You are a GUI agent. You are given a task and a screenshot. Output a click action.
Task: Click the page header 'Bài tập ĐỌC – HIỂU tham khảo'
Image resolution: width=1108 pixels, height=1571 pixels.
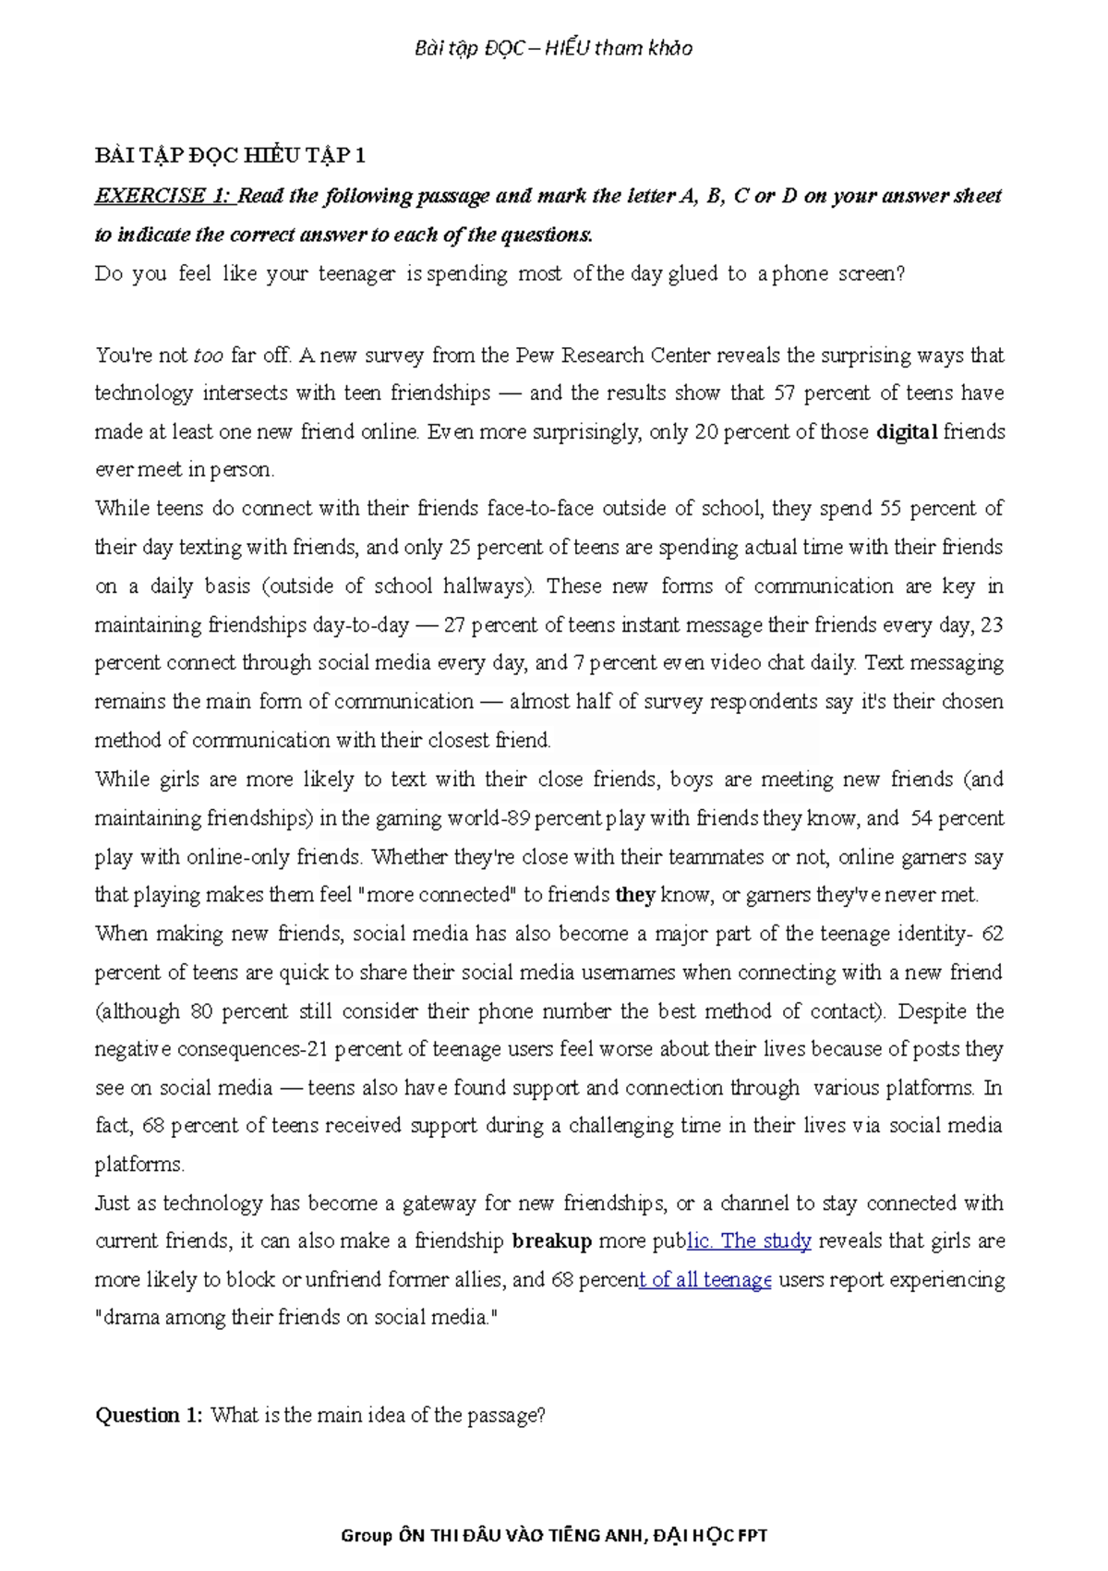coord(553,48)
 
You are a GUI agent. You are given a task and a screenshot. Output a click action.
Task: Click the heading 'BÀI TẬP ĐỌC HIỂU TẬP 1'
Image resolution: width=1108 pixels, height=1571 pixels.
coord(230,155)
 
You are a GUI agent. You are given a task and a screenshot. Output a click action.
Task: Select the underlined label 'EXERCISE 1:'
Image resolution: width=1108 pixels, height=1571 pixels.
coord(163,196)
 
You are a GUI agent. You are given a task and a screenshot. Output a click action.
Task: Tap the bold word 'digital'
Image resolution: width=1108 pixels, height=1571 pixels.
coord(907,432)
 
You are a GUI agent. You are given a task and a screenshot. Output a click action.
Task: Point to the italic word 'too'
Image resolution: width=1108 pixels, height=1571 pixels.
coord(209,356)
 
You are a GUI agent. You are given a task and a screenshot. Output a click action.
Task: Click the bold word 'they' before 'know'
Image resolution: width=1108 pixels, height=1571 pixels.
coord(635,895)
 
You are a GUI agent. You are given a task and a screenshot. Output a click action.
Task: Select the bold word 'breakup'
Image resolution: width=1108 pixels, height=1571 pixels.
coord(551,1241)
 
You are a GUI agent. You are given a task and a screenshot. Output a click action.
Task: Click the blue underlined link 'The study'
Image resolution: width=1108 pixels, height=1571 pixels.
coord(765,1241)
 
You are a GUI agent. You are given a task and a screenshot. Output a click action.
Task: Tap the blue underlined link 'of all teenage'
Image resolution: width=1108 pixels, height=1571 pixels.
coord(705,1280)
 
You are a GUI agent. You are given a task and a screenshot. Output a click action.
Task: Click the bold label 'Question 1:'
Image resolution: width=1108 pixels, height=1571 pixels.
coord(148,1415)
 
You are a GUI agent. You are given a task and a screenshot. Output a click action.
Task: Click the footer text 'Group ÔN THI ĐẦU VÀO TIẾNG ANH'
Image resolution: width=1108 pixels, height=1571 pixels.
coord(494,1536)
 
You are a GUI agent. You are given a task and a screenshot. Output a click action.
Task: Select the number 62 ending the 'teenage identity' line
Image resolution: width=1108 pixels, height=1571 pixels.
coord(992,934)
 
